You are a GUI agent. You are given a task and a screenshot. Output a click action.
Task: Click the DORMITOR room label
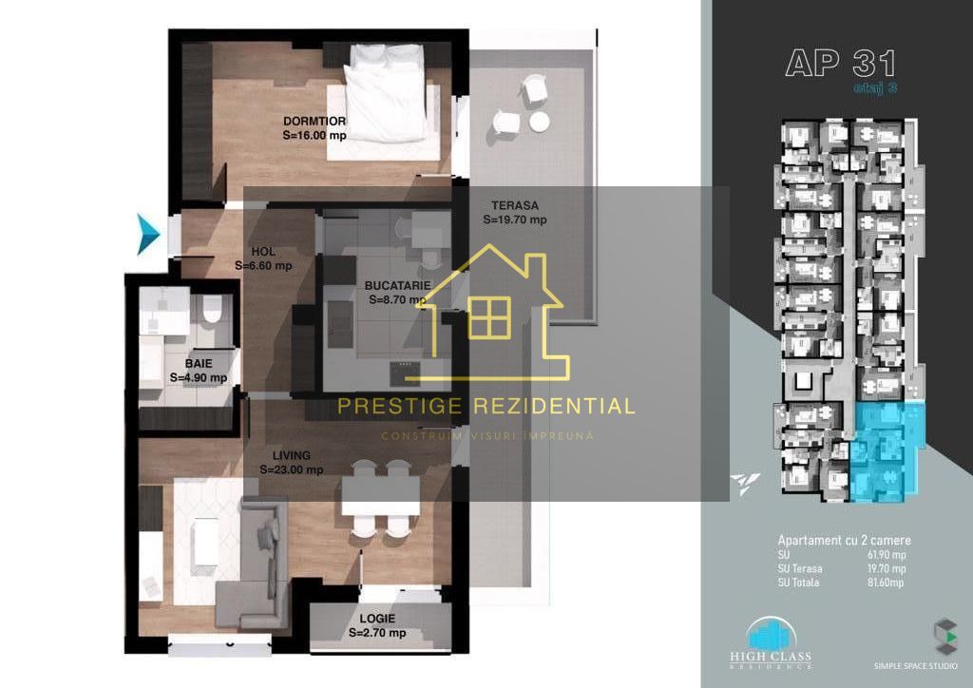[x=315, y=121]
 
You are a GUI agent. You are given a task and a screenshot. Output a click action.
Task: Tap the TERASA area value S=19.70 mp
[x=515, y=220]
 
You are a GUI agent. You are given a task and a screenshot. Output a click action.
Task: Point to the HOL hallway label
[x=263, y=252]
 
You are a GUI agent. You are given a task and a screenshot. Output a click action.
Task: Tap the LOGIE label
[x=377, y=619]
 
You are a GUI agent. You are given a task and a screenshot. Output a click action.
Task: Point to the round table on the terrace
[x=540, y=122]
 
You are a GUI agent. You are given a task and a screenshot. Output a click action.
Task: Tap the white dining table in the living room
[x=380, y=495]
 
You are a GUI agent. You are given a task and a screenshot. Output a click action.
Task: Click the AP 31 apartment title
[x=841, y=63]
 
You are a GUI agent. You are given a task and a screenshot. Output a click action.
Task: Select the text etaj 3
[x=875, y=87]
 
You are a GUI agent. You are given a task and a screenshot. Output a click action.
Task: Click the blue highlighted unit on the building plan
[x=887, y=451]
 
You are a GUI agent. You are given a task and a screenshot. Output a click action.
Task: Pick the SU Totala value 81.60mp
[x=886, y=583]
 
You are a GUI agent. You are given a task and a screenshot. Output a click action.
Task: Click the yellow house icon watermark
[x=490, y=314]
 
